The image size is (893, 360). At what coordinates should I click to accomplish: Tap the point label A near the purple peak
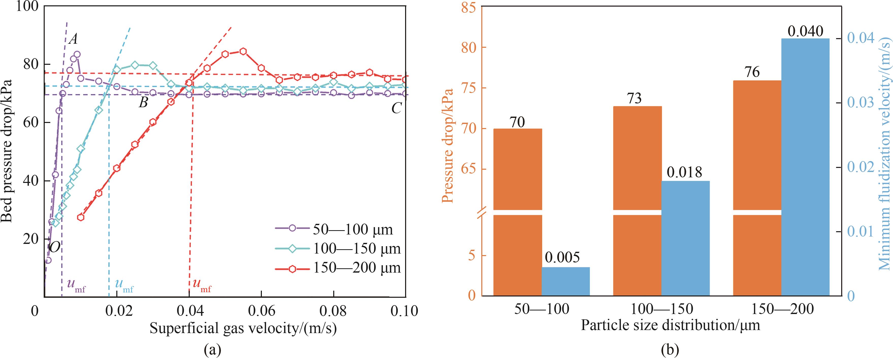pos(73,39)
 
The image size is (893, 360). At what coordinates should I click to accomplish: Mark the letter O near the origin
pos(54,247)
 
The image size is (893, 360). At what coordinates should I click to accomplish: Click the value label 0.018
pos(685,172)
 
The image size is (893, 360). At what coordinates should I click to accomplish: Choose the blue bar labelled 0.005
pos(566,281)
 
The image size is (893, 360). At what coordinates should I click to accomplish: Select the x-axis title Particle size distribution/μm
pos(670,325)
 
